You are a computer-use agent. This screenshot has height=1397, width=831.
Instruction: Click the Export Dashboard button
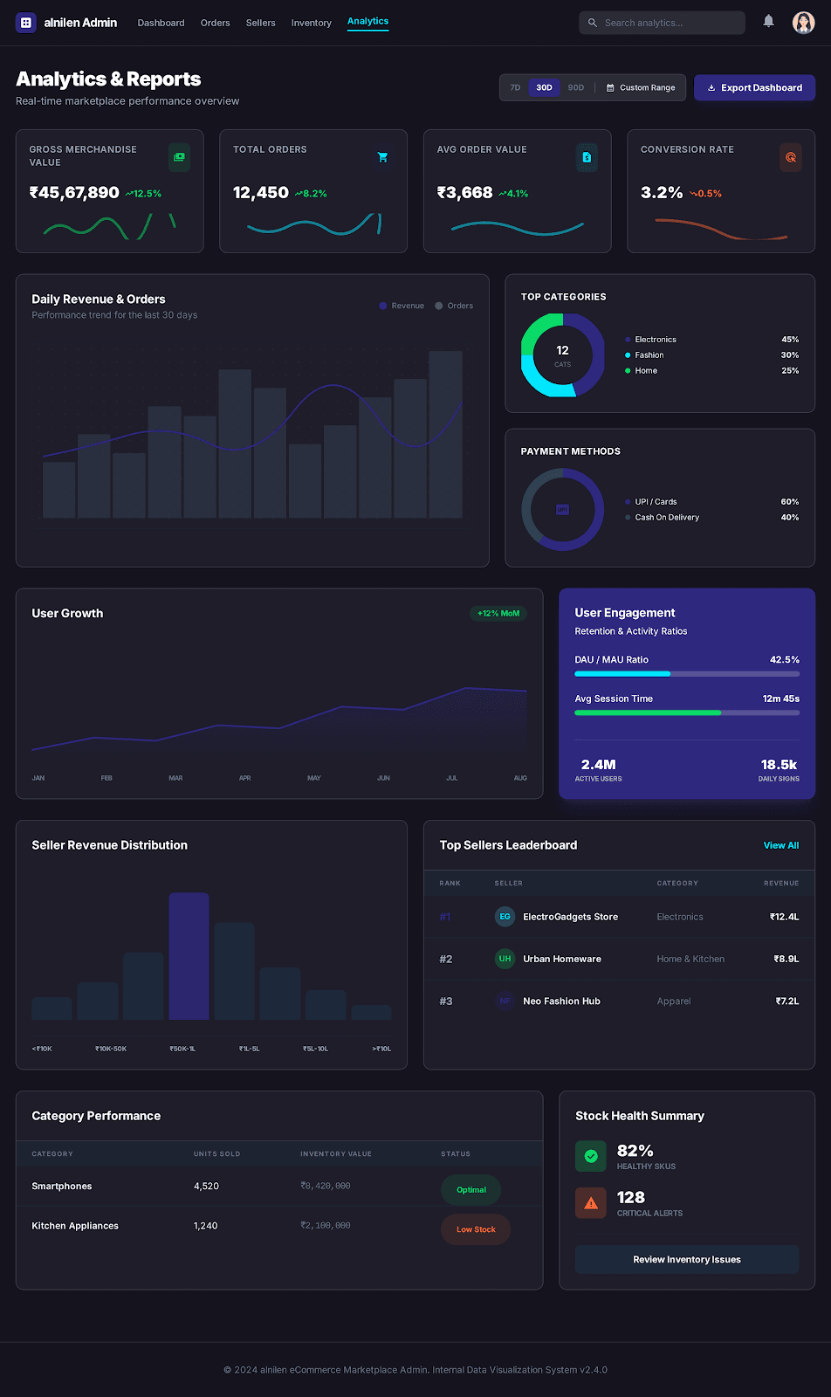coord(754,87)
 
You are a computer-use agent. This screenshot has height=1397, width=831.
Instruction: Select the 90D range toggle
coord(575,87)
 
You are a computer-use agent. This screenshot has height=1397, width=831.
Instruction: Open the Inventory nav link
coord(311,23)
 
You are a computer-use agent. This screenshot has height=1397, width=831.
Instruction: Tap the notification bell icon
coord(768,21)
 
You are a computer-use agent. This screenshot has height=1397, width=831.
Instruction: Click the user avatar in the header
coord(803,23)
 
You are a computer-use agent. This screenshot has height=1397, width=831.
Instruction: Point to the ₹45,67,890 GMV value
coord(74,193)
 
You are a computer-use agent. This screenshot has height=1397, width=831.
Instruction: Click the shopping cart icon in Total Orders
coord(382,157)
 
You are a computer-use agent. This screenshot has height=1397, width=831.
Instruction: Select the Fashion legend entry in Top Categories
coord(649,355)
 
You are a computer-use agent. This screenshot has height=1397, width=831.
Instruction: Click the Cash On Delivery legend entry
coord(666,518)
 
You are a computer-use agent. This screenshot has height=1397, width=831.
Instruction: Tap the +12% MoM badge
coord(498,613)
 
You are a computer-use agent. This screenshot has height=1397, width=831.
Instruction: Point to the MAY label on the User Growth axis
coord(314,778)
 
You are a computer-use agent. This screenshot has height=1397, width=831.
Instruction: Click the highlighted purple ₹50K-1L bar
coord(189,956)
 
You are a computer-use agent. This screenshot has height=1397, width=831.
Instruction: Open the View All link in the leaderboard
coord(780,845)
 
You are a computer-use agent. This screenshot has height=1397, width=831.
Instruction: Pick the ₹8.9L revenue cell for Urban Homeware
coord(786,959)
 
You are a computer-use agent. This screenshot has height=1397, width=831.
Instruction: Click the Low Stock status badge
coord(476,1229)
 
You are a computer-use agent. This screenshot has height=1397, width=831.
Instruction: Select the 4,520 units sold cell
coord(206,1187)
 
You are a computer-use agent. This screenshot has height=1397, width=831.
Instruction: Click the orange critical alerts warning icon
coord(591,1203)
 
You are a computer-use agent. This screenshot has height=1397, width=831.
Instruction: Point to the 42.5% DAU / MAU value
coord(784,660)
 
